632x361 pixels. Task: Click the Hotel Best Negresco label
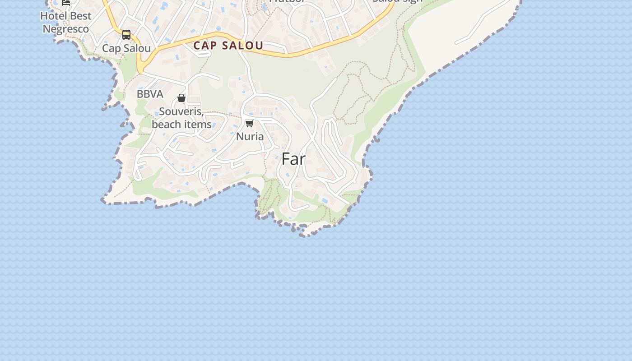66,23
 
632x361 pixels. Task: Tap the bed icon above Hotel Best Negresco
66,2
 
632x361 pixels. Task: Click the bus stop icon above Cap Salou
126,35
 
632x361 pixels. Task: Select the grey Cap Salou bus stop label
126,48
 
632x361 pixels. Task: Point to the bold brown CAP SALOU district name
228,46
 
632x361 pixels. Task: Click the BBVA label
150,94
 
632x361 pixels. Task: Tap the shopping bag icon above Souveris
181,98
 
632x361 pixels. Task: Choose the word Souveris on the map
181,111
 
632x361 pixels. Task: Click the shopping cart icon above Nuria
249,124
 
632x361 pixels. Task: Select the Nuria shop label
250,136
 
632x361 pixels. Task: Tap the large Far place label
293,159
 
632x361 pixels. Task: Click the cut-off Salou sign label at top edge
397,1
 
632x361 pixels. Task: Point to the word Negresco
66,29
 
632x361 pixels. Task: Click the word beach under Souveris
165,124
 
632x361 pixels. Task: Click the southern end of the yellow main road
140,69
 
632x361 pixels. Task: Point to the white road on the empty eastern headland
483,20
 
